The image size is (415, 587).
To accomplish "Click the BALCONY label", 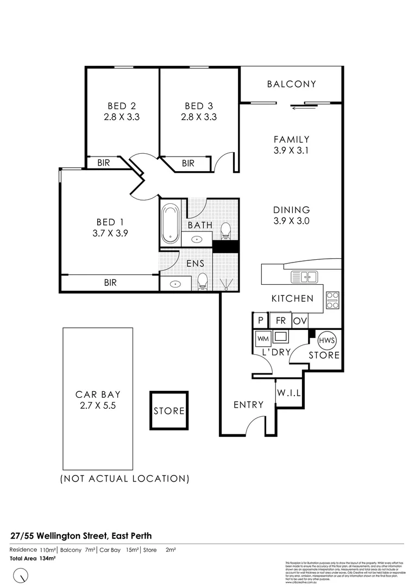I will pos(291,84).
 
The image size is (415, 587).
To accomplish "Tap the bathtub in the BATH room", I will pos(171,223).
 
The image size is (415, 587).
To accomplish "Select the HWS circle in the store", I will pos(327,340).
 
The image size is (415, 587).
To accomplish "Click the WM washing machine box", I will pos(263,339).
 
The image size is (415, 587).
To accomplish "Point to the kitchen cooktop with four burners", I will pos(332,301).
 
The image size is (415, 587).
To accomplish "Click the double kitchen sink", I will pos(304,277).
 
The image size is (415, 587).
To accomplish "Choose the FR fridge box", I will pos(280,321).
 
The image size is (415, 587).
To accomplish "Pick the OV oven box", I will pos(299,321).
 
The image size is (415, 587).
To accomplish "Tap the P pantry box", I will pos(261,321).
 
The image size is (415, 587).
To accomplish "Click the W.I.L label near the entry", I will pos(288,392).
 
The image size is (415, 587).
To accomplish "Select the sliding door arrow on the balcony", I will pos(298,108).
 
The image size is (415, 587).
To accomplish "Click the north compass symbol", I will pos(21,574).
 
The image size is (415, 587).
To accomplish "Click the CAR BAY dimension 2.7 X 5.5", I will pos(98,405).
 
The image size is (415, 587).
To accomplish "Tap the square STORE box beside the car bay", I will pos(169,410).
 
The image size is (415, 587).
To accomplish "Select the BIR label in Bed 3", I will pos(188,163).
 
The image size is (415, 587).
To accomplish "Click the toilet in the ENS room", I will pos(203,281).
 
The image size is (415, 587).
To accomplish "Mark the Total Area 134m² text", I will pos(34,558).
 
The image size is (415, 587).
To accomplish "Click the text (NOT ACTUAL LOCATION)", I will pos(125,479).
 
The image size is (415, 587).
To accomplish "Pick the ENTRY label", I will pos(248,404).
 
